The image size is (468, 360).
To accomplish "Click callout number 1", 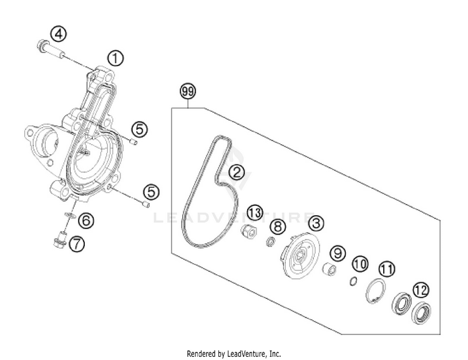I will click(115, 59).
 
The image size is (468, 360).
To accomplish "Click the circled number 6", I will click(87, 220).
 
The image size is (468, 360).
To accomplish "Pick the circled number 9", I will click(338, 253).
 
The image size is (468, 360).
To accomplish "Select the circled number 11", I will click(388, 270).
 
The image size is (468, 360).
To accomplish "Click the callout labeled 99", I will click(187, 91).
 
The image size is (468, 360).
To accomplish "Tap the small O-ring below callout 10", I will click(353, 281).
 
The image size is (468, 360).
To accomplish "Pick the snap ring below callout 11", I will click(376, 291).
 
